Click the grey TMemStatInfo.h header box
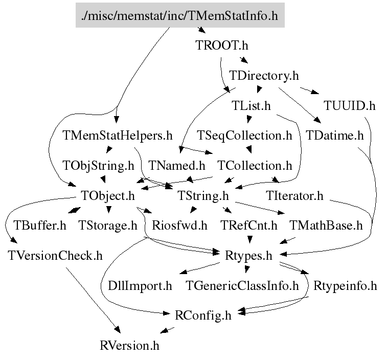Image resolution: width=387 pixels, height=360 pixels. [179, 16]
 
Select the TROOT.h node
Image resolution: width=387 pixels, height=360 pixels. [222, 46]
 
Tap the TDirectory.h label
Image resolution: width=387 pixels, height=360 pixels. [264, 76]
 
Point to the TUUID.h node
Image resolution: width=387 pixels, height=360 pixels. [350, 106]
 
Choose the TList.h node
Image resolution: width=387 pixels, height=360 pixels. [251, 106]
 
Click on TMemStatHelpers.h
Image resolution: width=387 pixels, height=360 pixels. [117, 136]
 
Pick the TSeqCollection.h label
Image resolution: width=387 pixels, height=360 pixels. [245, 136]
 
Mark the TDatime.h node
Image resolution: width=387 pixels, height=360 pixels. [335, 136]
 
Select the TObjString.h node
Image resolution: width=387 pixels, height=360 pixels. [98, 166]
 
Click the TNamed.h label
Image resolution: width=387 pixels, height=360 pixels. [177, 166]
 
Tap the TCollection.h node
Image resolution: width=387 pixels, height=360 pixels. [255, 166]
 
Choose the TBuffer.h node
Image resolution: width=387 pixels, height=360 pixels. [40, 225]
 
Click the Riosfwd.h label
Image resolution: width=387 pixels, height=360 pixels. [179, 225]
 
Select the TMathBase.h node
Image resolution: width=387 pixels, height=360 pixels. [326, 225]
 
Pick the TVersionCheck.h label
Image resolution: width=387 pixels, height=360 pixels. [55, 255]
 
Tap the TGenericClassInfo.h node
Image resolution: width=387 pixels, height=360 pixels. [242, 285]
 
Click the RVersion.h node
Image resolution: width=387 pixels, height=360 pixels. [130, 345]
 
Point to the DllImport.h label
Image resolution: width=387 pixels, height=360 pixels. [140, 285]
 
